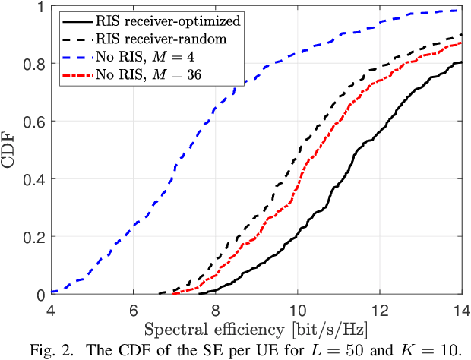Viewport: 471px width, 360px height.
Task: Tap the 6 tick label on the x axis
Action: pos(133,309)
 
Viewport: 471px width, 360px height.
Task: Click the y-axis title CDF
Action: pos(11,150)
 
